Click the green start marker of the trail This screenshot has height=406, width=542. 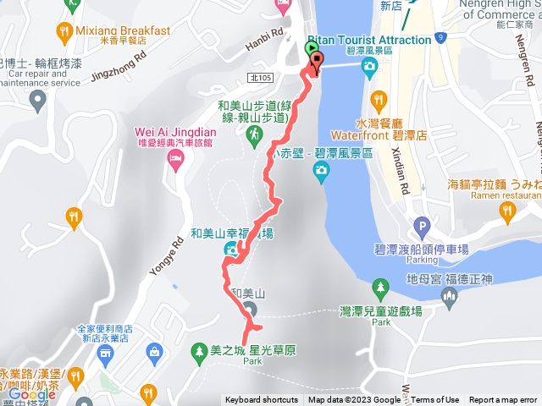(x=309, y=50)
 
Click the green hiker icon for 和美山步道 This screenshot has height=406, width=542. (x=252, y=134)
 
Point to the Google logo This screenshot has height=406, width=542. (x=31, y=394)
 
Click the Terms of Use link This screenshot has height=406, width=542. (x=434, y=400)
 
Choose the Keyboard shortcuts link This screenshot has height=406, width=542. (x=261, y=400)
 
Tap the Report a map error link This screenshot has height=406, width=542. (x=503, y=400)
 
